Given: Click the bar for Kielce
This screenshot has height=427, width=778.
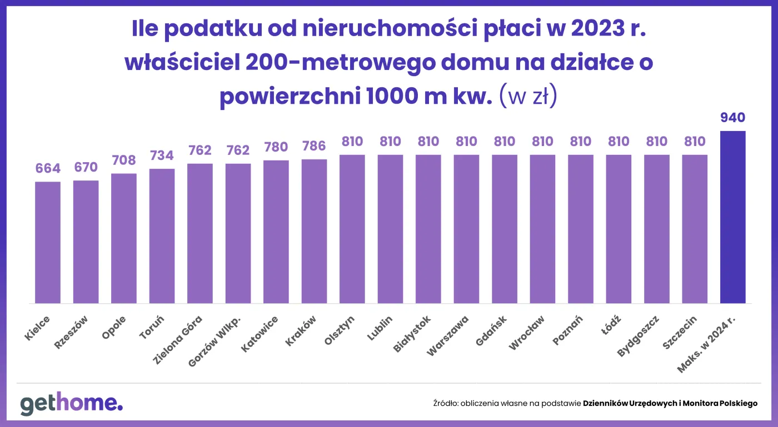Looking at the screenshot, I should tap(48, 242).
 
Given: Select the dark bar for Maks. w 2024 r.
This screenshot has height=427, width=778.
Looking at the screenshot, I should tap(732, 217).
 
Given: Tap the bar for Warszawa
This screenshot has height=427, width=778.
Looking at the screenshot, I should tap(466, 229).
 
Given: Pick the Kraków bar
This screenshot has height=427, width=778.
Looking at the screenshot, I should tap(314, 231).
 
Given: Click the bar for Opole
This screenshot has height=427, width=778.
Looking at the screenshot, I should tap(124, 238).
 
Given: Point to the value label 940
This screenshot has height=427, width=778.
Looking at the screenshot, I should tap(732, 118).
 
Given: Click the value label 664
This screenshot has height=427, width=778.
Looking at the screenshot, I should tap(48, 168).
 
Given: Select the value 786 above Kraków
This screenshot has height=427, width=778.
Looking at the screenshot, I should tap(314, 147).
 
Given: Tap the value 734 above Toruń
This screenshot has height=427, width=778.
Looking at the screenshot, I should tap(162, 155).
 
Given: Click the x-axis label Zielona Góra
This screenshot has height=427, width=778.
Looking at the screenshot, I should tap(178, 338).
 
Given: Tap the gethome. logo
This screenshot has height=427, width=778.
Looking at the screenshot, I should tap(72, 404).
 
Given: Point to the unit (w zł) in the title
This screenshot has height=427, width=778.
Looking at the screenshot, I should tap(528, 97).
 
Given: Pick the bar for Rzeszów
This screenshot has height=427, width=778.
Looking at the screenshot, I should tap(86, 242).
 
